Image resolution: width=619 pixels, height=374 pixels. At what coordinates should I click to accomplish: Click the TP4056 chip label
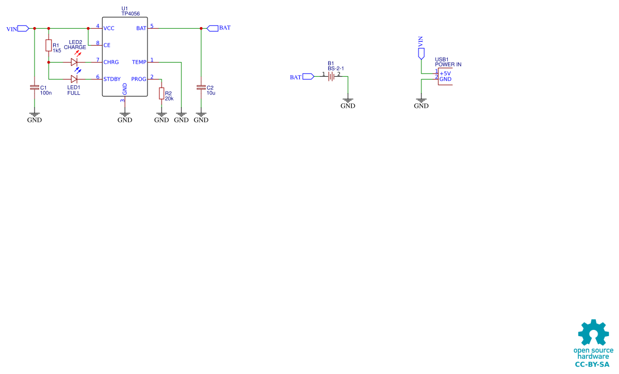pos(130,14)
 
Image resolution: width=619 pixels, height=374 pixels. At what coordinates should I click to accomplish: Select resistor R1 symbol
pos(49,45)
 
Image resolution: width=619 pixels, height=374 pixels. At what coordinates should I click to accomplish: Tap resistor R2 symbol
pos(162,93)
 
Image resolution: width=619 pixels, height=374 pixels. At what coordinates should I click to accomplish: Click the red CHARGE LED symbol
pos(74,62)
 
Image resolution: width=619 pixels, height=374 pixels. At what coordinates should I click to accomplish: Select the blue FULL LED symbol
pos(74,79)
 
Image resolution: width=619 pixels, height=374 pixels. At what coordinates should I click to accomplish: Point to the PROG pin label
pos(138,79)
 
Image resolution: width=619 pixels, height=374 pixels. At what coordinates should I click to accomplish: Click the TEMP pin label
pos(139,62)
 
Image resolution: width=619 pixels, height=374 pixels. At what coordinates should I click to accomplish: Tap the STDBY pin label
pos(112,79)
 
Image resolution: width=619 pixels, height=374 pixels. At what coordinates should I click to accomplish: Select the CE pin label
pos(107,45)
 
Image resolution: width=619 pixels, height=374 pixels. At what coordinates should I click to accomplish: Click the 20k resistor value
pos(169,98)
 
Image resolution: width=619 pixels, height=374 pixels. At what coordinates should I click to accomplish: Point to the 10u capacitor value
pos(211,93)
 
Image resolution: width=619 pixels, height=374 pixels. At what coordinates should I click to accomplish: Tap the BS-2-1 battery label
pos(335,68)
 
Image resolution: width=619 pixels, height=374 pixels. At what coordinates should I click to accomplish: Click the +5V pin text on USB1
pos(446,73)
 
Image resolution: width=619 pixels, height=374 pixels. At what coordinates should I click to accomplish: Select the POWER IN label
pos(448,64)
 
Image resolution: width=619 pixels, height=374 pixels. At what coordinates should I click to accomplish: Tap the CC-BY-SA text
pos(592,365)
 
